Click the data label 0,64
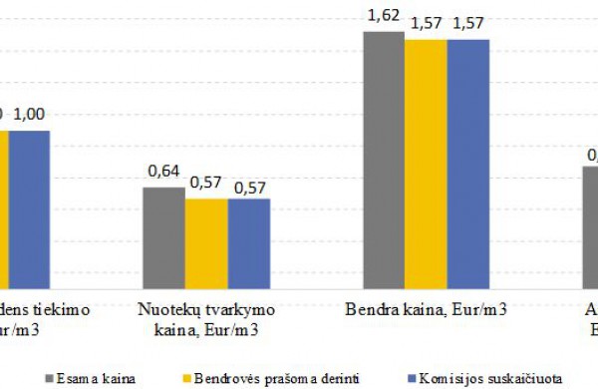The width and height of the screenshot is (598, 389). pyautogui.click(x=163, y=173)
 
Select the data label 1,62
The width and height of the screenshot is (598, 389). pyautogui.click(x=384, y=16)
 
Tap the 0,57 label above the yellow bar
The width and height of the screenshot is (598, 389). pyautogui.click(x=206, y=185)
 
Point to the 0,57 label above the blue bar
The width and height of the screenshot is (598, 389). pyautogui.click(x=249, y=185)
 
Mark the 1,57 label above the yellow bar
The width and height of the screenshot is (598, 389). pyautogui.click(x=427, y=24)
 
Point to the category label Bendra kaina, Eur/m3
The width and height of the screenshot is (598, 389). pyautogui.click(x=427, y=309)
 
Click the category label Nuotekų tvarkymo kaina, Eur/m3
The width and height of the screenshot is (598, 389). pyautogui.click(x=206, y=316)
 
